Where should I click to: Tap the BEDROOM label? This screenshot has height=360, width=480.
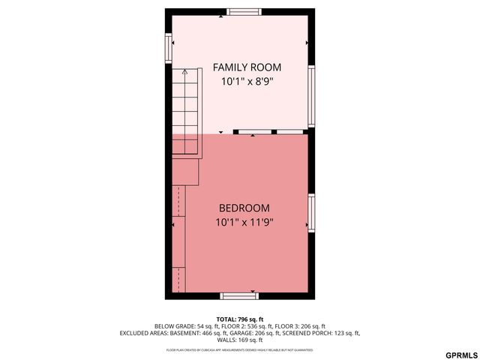244,208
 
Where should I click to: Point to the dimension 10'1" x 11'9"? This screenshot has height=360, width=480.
244,222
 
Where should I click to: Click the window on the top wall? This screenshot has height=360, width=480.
244,11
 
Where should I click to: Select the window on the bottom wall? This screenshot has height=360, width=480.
239,295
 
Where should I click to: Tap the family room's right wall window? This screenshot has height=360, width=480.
311,94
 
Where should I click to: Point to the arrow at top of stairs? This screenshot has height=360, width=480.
185,73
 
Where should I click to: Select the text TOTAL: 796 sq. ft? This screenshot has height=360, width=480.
239,319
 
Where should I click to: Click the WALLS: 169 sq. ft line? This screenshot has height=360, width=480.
239,340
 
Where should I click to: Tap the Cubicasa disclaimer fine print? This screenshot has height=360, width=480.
239,349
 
